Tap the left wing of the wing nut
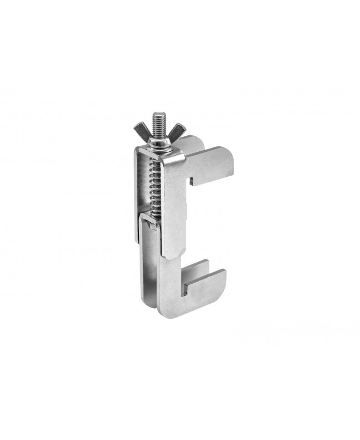(141, 132)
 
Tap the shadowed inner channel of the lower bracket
(148, 277)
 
